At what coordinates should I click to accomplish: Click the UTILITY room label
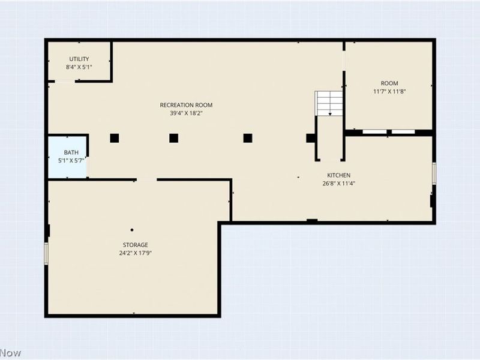79,59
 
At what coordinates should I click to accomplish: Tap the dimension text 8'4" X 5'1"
79,67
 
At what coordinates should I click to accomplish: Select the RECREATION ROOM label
186,105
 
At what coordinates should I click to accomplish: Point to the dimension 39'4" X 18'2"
186,113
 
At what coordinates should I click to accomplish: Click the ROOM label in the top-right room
389,83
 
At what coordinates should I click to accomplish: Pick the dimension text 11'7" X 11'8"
389,92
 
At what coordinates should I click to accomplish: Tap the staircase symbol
329,103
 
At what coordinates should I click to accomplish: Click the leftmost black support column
114,138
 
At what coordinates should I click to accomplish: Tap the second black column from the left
173,138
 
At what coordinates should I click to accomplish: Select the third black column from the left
247,138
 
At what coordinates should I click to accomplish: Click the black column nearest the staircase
310,138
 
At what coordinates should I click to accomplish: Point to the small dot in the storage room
132,230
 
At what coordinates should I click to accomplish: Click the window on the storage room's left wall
46,253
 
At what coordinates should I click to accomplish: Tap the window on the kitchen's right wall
434,173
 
